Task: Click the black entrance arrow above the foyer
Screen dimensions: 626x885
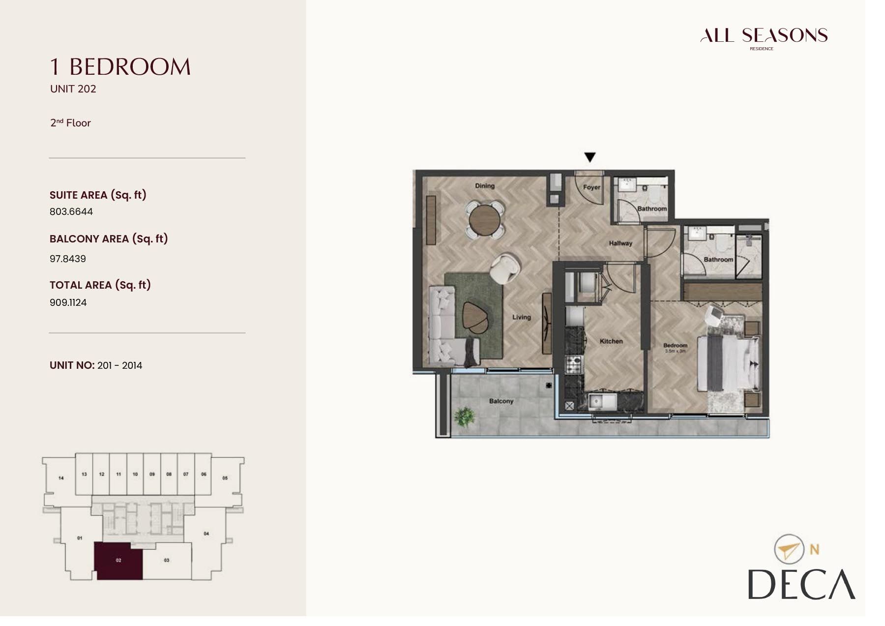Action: tap(590, 157)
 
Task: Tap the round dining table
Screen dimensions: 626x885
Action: tap(484, 220)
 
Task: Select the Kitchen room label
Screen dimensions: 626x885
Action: tap(611, 341)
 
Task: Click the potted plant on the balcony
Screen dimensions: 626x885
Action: tap(464, 417)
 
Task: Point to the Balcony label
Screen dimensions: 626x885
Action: tap(501, 401)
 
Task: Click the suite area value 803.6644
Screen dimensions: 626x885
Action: tap(71, 211)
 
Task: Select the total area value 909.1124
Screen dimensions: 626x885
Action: tap(68, 302)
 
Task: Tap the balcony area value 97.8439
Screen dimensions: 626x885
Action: tap(68, 259)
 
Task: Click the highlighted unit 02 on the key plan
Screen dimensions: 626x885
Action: tap(118, 561)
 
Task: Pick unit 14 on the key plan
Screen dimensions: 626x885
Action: tap(61, 477)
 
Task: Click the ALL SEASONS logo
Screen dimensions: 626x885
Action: tap(764, 36)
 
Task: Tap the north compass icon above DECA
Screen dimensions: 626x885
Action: tap(789, 549)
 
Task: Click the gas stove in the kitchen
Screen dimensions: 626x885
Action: tap(573, 365)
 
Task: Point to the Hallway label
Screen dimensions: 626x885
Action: tap(620, 243)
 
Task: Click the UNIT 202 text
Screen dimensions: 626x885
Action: tap(73, 89)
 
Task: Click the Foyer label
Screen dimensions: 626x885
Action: tap(591, 187)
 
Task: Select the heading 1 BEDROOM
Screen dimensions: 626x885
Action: tap(120, 67)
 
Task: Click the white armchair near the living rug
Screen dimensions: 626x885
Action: tap(504, 268)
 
